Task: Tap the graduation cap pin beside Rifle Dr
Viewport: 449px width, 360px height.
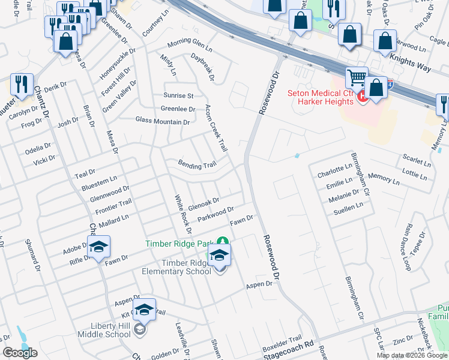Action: tap(99, 247)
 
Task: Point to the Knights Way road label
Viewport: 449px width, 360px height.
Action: tap(411, 62)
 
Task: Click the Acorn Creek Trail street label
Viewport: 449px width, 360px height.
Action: tap(215, 127)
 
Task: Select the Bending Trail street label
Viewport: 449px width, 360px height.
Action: tap(196, 164)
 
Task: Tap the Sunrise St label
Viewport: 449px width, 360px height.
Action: tap(178, 95)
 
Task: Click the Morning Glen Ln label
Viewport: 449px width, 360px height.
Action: tap(190, 44)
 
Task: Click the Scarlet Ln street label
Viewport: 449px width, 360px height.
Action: tap(418, 162)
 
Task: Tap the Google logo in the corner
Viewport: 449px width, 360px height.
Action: tap(20, 352)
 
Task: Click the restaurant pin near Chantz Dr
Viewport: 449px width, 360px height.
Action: tap(22, 85)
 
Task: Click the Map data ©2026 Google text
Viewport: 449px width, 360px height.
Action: tap(412, 355)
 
